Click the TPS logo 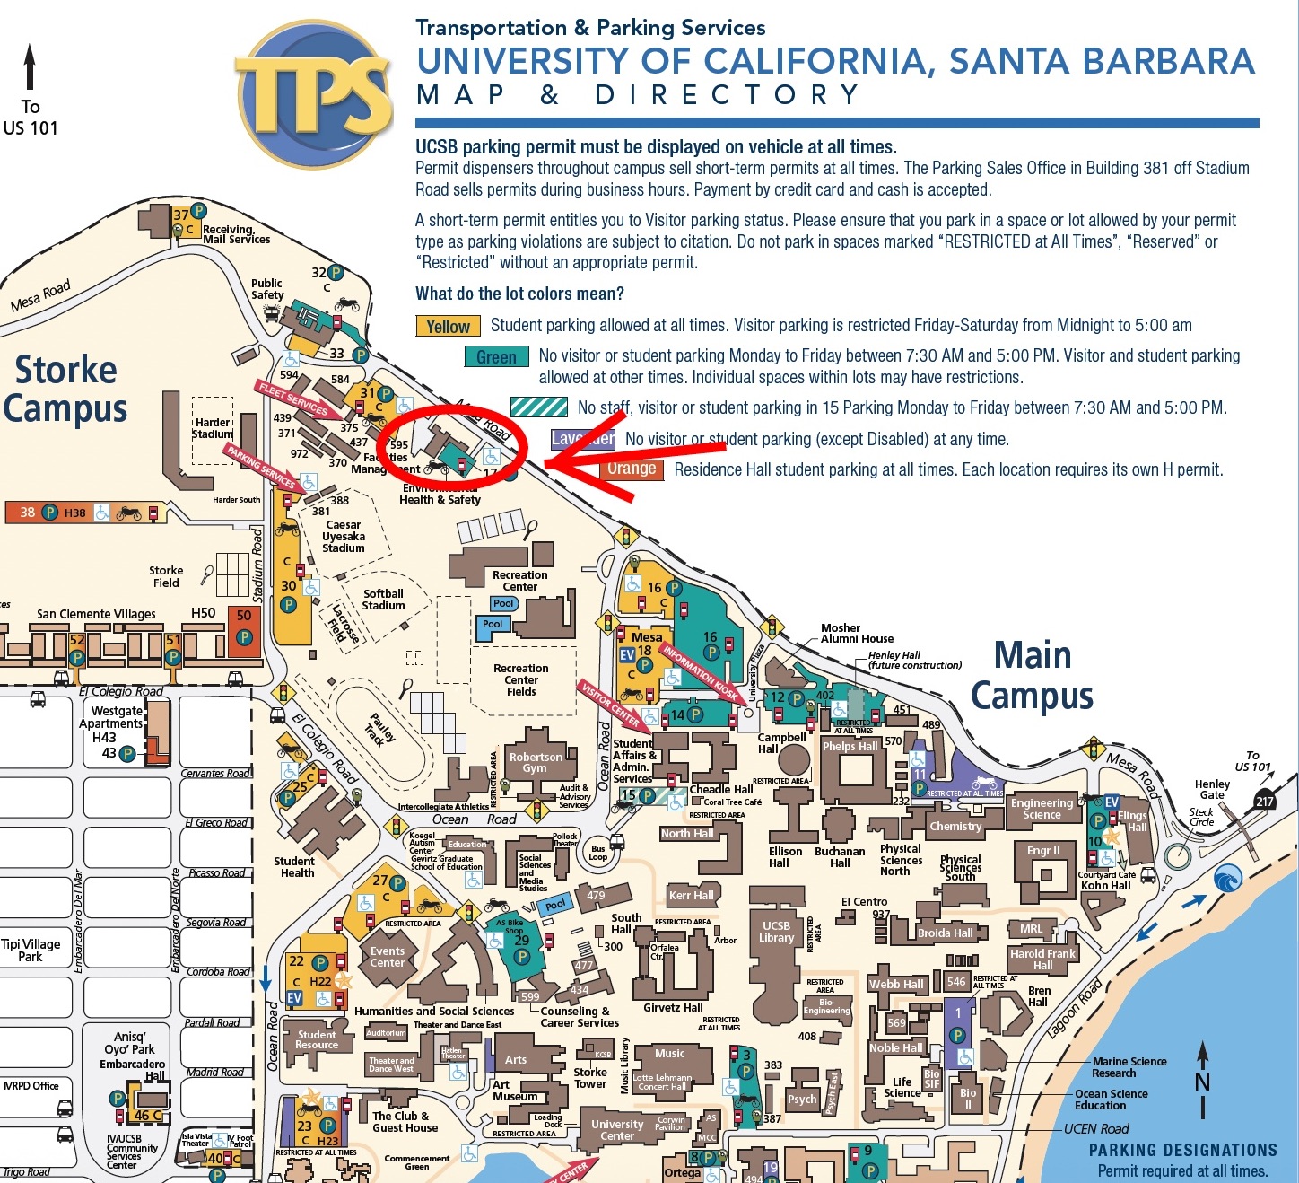[315, 94]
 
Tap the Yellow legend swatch [448, 327]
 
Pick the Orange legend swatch [631, 469]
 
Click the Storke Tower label [590, 1078]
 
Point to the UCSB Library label [777, 932]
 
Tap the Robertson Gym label [536, 762]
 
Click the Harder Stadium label [213, 428]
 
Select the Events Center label [388, 957]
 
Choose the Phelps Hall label [850, 746]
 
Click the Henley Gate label [1212, 789]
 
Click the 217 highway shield [1265, 802]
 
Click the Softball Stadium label [383, 600]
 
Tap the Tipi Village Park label [31, 950]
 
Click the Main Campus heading [1033, 676]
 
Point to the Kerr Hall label [691, 895]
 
